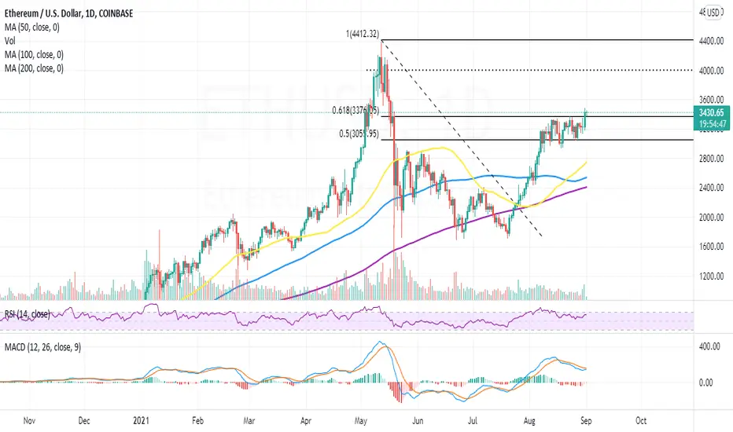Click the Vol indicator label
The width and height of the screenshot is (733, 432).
coord(11,42)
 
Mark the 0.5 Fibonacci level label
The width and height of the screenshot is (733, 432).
coord(363,134)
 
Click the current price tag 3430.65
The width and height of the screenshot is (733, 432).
coord(711,115)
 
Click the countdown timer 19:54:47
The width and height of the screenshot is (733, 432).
coord(711,126)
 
